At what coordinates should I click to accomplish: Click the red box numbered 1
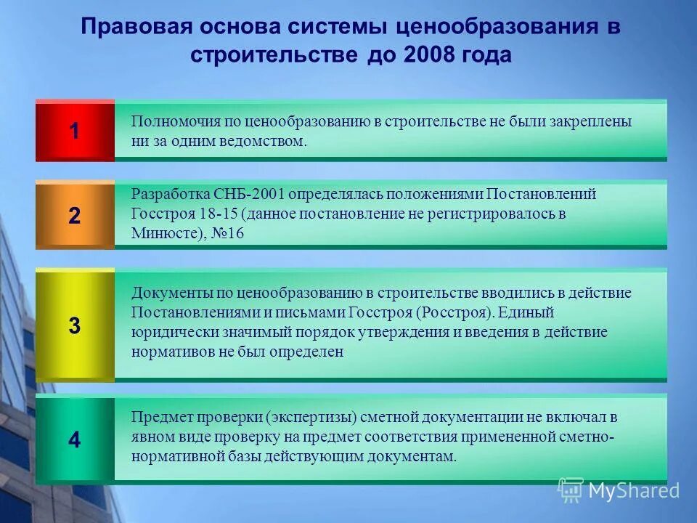pyautogui.click(x=75, y=131)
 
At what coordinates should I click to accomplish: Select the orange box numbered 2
pyautogui.click(x=75, y=216)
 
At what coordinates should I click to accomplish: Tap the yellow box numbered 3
pyautogui.click(x=75, y=326)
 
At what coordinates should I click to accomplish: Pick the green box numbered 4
pyautogui.click(x=75, y=440)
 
